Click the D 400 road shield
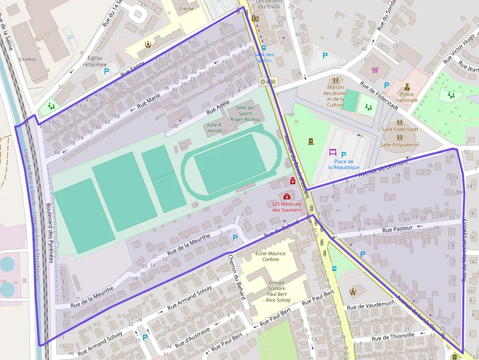click(268, 82)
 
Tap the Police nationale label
click(407, 97)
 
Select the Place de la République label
click(344, 164)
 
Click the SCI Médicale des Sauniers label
click(286, 207)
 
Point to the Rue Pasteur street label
click(397, 228)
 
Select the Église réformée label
click(95, 61)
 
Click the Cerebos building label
click(27, 59)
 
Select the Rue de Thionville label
click(393, 337)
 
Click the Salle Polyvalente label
click(400, 145)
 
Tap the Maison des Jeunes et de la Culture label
click(335, 96)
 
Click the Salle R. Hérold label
click(215, 127)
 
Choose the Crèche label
click(186, 8)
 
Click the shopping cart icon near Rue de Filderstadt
click(375, 70)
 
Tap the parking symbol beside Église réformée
click(107, 71)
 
